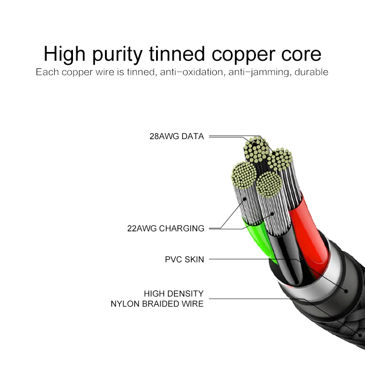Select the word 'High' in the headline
tap(64, 55)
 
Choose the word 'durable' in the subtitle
tap(312, 73)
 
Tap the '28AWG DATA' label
tap(177, 136)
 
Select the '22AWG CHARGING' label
tap(166, 229)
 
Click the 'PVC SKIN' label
tap(184, 260)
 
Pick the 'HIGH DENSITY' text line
tap(174, 294)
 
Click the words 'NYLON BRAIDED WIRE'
tap(157, 304)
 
